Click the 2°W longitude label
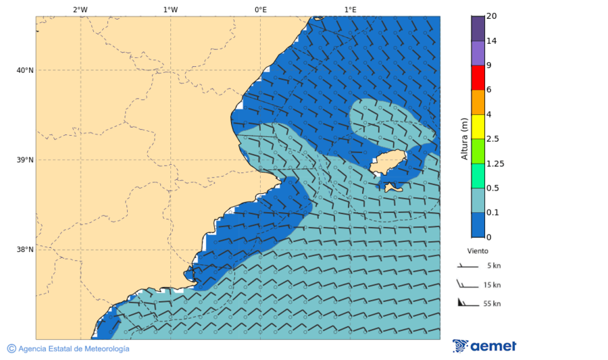click(x=80, y=9)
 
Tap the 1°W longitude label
click(x=170, y=9)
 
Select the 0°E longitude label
click(x=260, y=9)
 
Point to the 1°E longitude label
click(x=350, y=9)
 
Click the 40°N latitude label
click(x=24, y=70)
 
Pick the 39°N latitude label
click(x=24, y=160)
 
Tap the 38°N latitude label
click(x=24, y=250)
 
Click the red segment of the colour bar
click(x=478, y=78)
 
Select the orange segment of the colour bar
click(x=478, y=102)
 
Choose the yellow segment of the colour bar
click(x=478, y=126)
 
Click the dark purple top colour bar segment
click(x=478, y=28)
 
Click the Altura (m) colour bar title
click(x=464, y=138)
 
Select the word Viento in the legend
click(x=478, y=251)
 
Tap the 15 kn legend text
click(x=492, y=285)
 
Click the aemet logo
click(x=484, y=346)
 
